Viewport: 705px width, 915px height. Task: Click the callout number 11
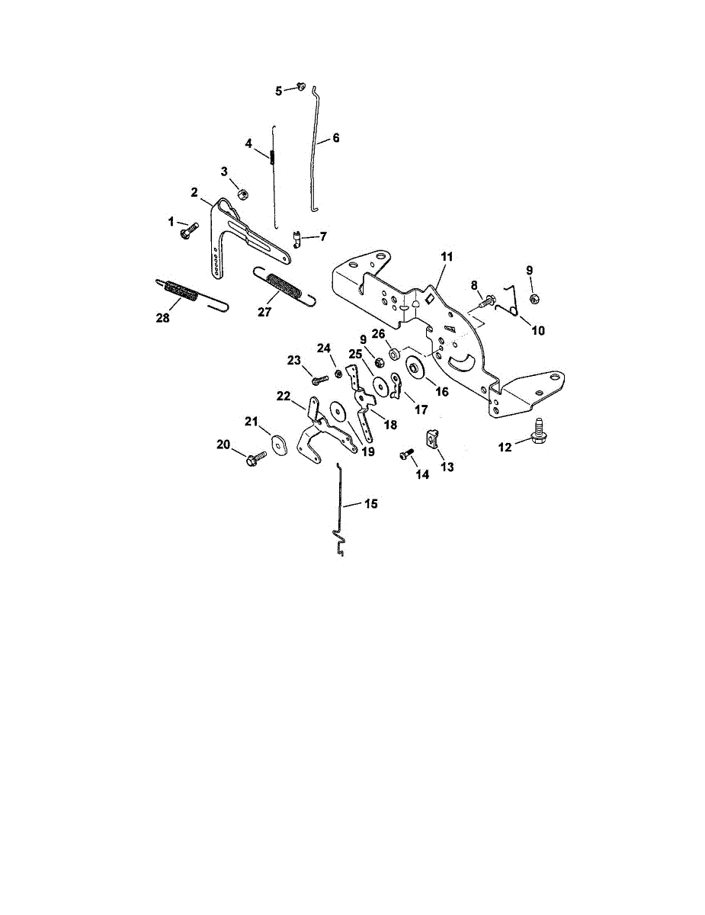pos(446,258)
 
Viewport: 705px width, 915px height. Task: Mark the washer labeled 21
pos(277,444)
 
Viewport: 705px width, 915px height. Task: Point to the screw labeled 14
pos(405,454)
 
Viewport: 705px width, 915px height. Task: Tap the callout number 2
pos(195,191)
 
